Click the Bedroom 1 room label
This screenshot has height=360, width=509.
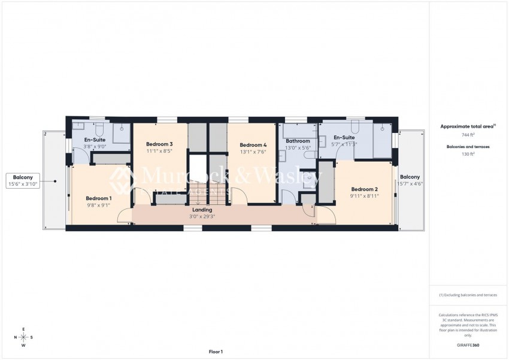pos(98,198)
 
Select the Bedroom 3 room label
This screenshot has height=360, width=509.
pos(159,144)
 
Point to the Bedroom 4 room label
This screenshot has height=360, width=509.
pos(253,145)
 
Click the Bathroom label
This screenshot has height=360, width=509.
pos(298,141)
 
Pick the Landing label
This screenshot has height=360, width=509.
pos(201,210)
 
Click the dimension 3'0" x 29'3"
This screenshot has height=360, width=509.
pos(201,216)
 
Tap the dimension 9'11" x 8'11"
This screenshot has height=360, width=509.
pos(363,195)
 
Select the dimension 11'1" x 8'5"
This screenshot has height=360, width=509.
pos(159,152)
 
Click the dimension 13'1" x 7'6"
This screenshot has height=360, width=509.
pos(253,152)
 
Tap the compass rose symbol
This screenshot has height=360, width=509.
pos(23,337)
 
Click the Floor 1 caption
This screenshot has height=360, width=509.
pos(216,352)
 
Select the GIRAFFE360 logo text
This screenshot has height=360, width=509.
pos(468,345)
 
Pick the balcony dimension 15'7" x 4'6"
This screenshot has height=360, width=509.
pos(410,184)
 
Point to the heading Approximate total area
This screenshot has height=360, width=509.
pos(465,126)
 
